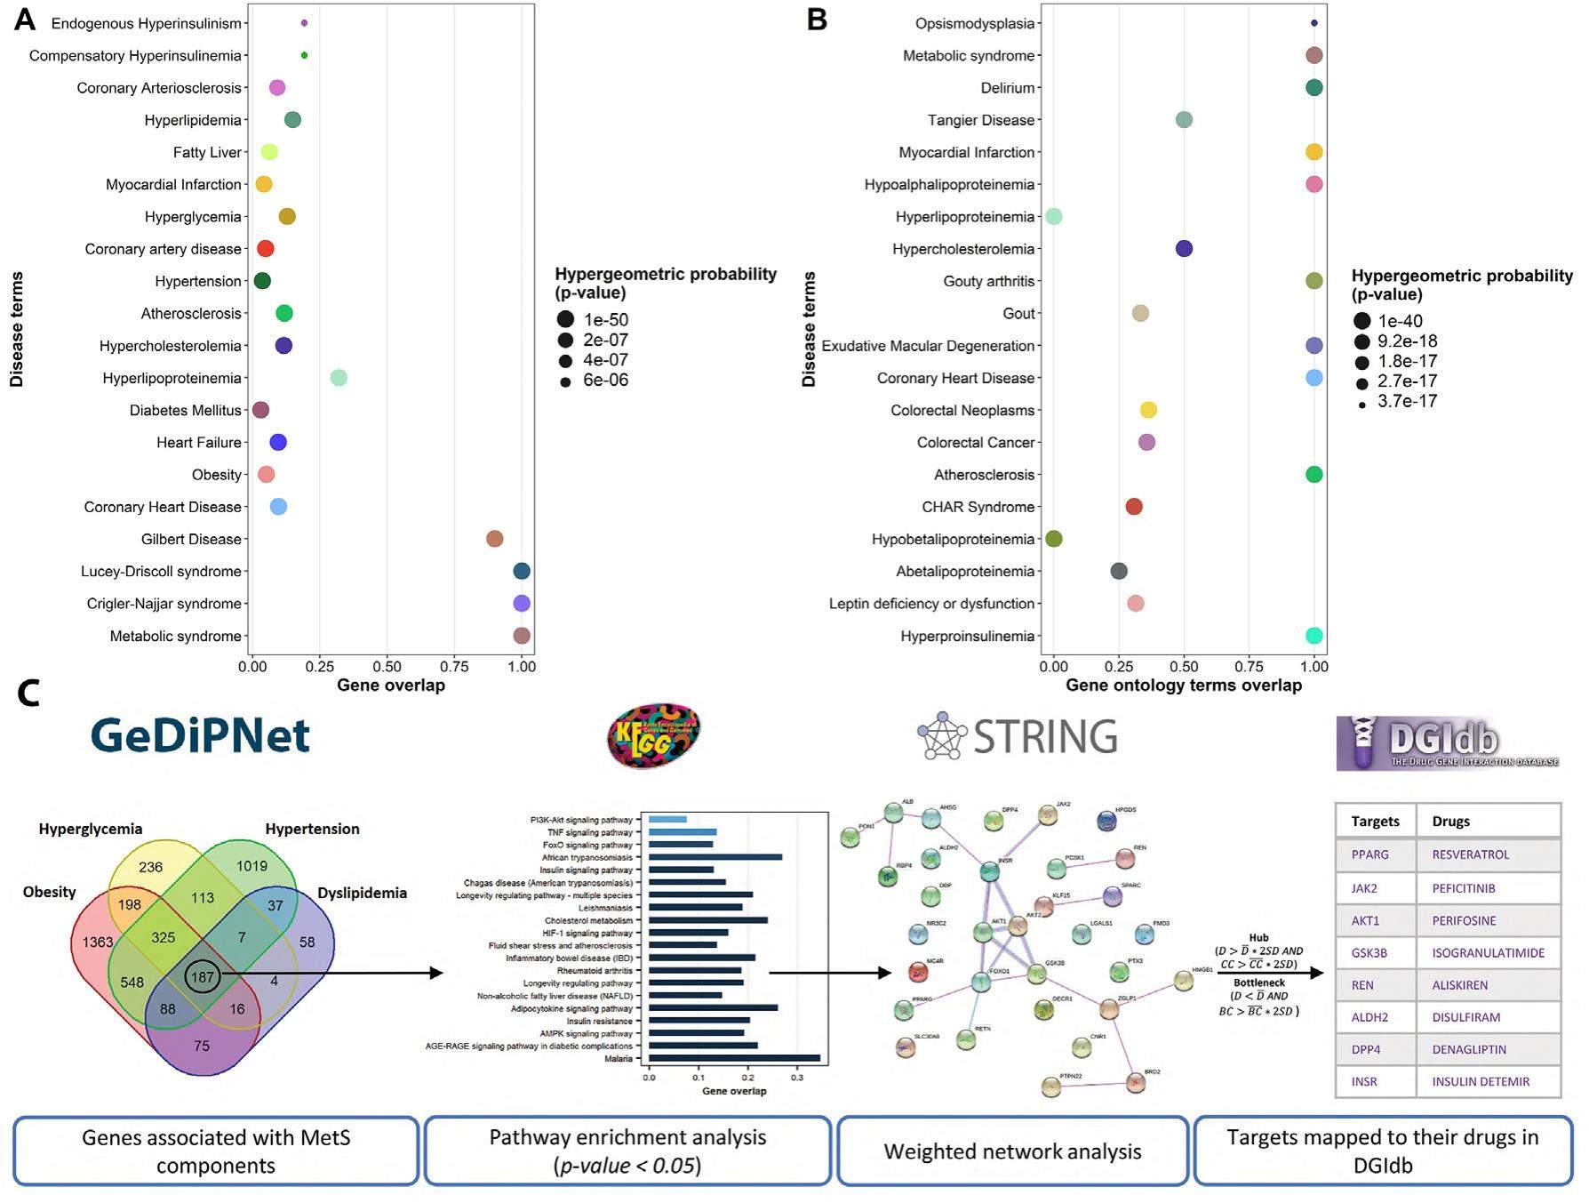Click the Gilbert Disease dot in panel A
[495, 539]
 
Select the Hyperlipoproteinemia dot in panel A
[339, 378]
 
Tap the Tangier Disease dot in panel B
[1184, 120]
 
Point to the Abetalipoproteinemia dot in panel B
[1119, 571]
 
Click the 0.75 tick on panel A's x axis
[454, 666]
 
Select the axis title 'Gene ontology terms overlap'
[1183, 686]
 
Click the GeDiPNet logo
[200, 736]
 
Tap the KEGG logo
[654, 735]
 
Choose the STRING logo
[1018, 736]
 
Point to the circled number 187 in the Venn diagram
[203, 977]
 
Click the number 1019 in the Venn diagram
[252, 866]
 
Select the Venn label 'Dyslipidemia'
[362, 893]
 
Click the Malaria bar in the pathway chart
[734, 1058]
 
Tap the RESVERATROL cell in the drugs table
[1471, 854]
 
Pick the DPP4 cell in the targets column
[1366, 1049]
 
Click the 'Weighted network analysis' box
[1012, 1151]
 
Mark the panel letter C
[28, 694]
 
